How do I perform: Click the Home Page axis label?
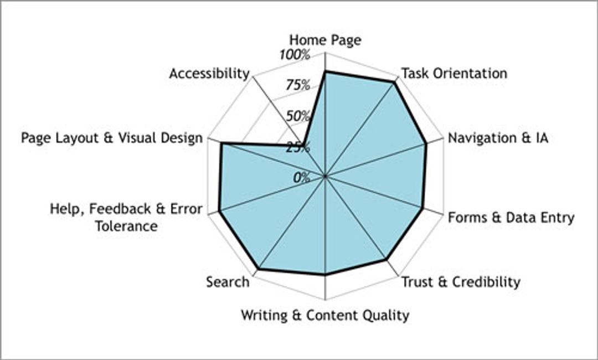[x=325, y=40]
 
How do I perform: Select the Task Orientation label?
[x=454, y=73]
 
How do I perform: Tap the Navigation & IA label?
[x=498, y=138]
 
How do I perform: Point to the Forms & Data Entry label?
[x=511, y=218]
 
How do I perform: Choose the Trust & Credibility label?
[x=461, y=282]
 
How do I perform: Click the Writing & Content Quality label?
[x=325, y=315]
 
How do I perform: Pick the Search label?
[x=228, y=282]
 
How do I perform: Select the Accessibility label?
[x=209, y=73]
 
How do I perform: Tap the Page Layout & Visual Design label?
[x=112, y=138]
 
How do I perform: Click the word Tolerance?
[x=126, y=226]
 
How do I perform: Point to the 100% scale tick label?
[x=295, y=55]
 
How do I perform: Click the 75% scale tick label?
[x=298, y=85]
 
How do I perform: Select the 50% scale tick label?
[x=298, y=116]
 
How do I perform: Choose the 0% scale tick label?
[x=302, y=177]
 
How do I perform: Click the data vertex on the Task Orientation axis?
[x=395, y=82]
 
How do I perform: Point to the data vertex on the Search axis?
[x=258, y=269]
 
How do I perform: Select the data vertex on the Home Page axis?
[x=325, y=71]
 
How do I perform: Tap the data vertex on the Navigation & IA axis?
[x=425, y=145]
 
